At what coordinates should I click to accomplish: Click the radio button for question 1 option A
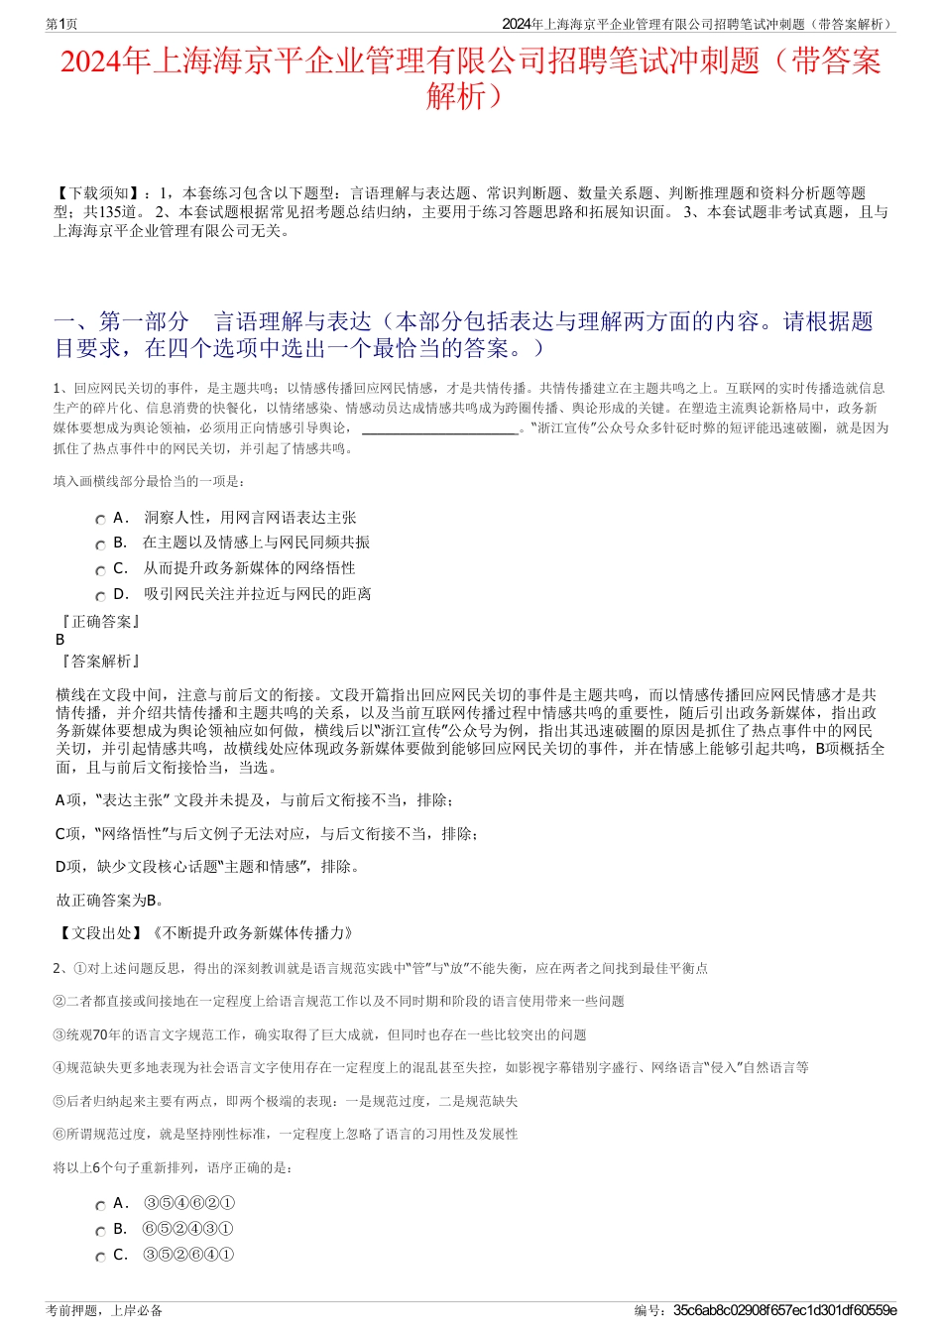100,520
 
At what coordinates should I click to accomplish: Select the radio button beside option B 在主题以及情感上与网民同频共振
100,545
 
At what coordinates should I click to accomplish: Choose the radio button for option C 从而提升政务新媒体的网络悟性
100,570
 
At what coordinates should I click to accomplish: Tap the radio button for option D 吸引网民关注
100,596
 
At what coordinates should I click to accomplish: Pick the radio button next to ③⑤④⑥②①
100,1206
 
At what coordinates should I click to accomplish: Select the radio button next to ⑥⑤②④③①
100,1231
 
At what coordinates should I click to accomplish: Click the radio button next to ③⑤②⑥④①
100,1257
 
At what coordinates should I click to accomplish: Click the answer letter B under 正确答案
60,640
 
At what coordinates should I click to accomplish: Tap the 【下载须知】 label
98,193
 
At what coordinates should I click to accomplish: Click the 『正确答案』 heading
100,622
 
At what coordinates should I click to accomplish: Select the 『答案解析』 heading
100,662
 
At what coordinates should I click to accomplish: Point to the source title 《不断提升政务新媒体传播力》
252,933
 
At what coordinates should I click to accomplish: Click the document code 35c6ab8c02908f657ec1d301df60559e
784,1310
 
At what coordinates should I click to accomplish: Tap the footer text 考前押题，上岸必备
104,1310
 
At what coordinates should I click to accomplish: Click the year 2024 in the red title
90,62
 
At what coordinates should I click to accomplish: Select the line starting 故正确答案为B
110,901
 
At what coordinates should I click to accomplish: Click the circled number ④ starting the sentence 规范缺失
59,1068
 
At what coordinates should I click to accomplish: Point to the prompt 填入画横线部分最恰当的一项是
149,482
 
